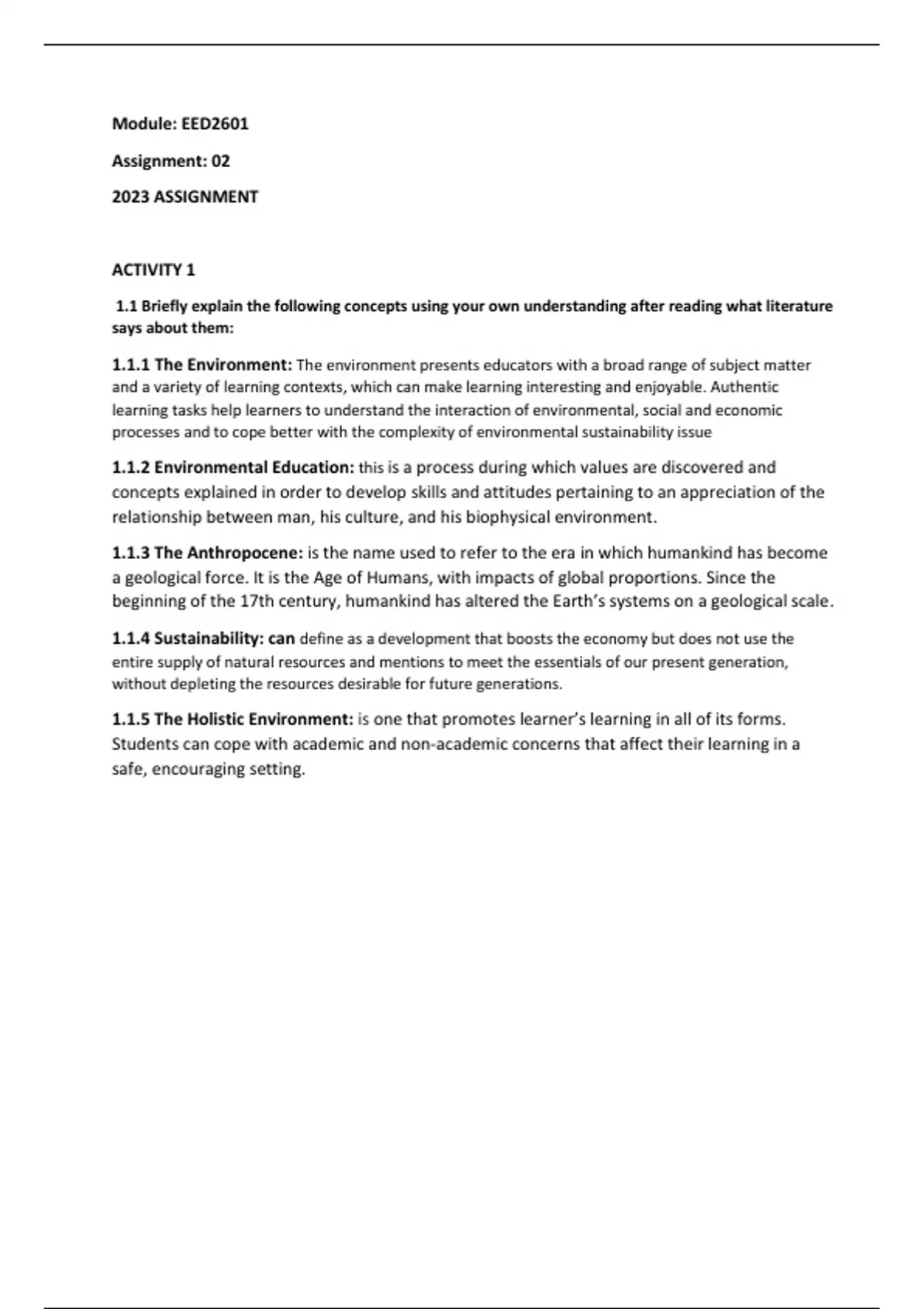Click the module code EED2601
coord(215,124)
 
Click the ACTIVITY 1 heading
coord(153,270)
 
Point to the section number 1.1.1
coord(131,365)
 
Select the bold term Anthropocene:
coord(245,553)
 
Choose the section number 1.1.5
coord(131,720)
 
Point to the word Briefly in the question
coord(164,306)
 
